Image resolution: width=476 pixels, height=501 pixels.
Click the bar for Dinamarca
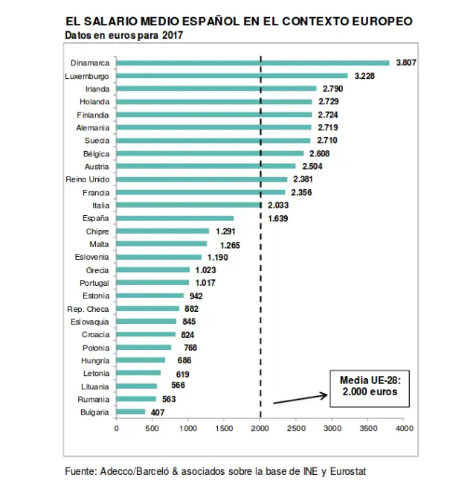[x=253, y=63]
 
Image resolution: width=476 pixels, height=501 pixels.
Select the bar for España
[x=175, y=218]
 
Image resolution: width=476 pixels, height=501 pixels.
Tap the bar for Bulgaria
[x=131, y=412]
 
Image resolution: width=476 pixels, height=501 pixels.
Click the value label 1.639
[x=277, y=218]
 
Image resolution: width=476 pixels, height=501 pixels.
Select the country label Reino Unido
[x=89, y=179]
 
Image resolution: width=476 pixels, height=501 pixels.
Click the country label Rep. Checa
[x=89, y=308]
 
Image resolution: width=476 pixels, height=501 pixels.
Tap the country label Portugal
[x=94, y=283]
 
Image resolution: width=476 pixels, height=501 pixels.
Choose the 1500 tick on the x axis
[x=224, y=429]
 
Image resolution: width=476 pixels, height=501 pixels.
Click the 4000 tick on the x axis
[x=404, y=429]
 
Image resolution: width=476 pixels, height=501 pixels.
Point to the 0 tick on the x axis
[x=116, y=429]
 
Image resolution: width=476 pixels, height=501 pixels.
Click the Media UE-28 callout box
[x=368, y=386]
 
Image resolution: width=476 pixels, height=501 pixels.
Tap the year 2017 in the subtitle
[x=173, y=35]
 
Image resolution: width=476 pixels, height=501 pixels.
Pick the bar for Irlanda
[x=216, y=89]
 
